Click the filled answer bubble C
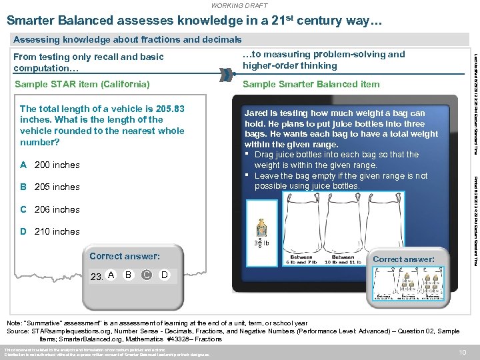coord(146,275)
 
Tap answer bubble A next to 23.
coord(111,275)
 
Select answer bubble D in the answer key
coord(164,275)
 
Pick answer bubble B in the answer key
coord(129,275)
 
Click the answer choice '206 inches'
coord(57,209)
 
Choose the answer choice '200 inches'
coord(57,165)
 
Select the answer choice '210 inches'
coord(57,231)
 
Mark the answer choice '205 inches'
coord(57,187)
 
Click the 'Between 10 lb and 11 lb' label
coord(343,259)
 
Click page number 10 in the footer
coord(462,352)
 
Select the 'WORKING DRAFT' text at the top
coord(239,5)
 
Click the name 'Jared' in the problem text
coord(257,113)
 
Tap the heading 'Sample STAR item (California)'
coord(82,84)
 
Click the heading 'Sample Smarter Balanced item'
coord(311,84)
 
